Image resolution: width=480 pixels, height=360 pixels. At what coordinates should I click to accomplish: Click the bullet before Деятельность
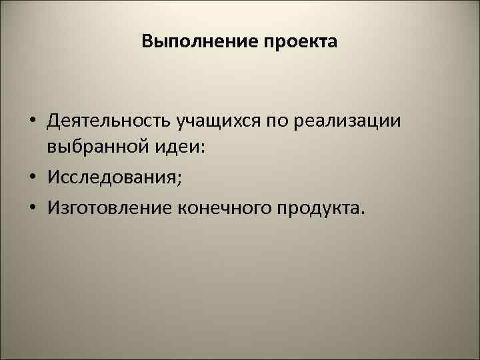click(x=31, y=122)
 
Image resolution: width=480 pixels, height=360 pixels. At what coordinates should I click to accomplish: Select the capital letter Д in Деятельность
click(x=53, y=122)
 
